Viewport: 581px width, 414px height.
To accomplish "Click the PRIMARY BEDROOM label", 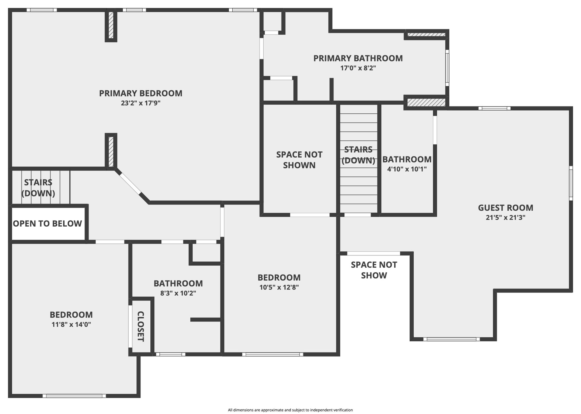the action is pos(141,93).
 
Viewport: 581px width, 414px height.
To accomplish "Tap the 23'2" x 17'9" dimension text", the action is pos(141,103).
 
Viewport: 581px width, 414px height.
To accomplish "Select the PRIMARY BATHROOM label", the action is pos(358,58).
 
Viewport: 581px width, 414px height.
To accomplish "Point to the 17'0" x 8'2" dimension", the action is pos(358,68).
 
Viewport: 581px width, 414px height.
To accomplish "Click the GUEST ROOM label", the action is pos(506,208).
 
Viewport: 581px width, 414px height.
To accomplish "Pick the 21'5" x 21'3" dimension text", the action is pos(506,217).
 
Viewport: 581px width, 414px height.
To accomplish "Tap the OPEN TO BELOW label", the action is pos(47,223).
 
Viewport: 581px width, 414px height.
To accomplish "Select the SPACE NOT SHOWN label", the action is pos(299,160).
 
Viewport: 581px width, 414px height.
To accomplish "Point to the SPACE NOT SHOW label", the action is pos(374,270).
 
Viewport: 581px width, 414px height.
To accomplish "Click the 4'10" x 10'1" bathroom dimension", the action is pos(407,169).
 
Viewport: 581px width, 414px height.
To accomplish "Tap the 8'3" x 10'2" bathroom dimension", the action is pos(178,293).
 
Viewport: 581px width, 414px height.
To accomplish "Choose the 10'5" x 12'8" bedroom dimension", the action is pos(279,287).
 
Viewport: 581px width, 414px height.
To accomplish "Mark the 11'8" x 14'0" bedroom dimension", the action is pos(71,324).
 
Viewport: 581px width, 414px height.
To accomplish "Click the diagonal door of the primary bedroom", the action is pos(130,184).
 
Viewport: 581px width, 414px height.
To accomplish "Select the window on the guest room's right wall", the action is pos(571,183).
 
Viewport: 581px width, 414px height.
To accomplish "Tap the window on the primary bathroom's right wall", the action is pos(447,68).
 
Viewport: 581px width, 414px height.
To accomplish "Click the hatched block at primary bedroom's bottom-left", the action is pos(111,152).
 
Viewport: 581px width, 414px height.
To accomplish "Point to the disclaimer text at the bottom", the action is pos(290,410).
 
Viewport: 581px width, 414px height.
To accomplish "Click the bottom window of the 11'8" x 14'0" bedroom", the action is pos(74,396).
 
